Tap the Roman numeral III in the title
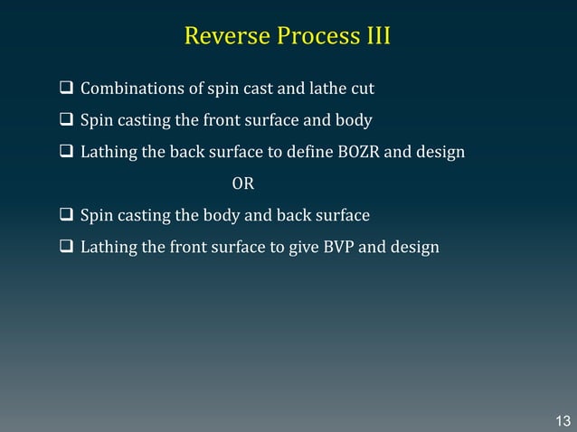(374, 37)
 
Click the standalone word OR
(243, 184)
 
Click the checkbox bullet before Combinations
(67, 89)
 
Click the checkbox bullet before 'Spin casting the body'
(67, 216)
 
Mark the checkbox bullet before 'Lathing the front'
(67, 247)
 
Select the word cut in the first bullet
(364, 89)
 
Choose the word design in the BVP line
(417, 247)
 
